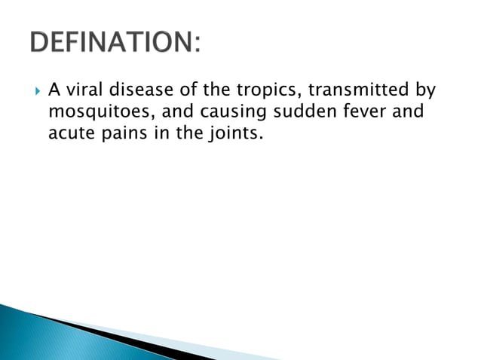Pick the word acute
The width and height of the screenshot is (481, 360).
(x=69, y=136)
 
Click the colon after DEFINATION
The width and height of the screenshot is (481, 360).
(x=197, y=44)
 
